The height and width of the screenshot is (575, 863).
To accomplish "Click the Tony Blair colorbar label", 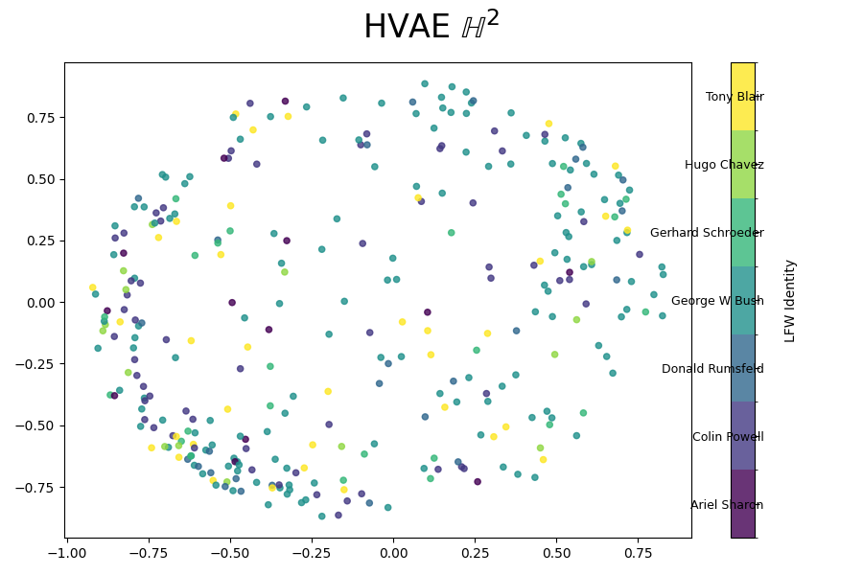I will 735,97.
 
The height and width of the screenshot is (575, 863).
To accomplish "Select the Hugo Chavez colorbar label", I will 724,165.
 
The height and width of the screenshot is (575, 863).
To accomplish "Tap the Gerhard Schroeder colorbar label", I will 707,233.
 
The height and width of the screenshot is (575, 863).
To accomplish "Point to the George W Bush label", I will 717,301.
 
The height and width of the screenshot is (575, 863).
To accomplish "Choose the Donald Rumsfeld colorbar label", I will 712,369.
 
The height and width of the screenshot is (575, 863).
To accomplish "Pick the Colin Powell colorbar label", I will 728,437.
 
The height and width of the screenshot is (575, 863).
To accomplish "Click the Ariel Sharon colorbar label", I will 727,505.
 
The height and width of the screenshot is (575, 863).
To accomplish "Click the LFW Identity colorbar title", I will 791,300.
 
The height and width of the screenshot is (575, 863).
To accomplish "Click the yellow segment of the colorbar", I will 743,96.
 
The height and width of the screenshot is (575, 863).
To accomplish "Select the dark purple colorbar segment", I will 743,504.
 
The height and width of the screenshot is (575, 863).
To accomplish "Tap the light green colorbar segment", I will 743,164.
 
